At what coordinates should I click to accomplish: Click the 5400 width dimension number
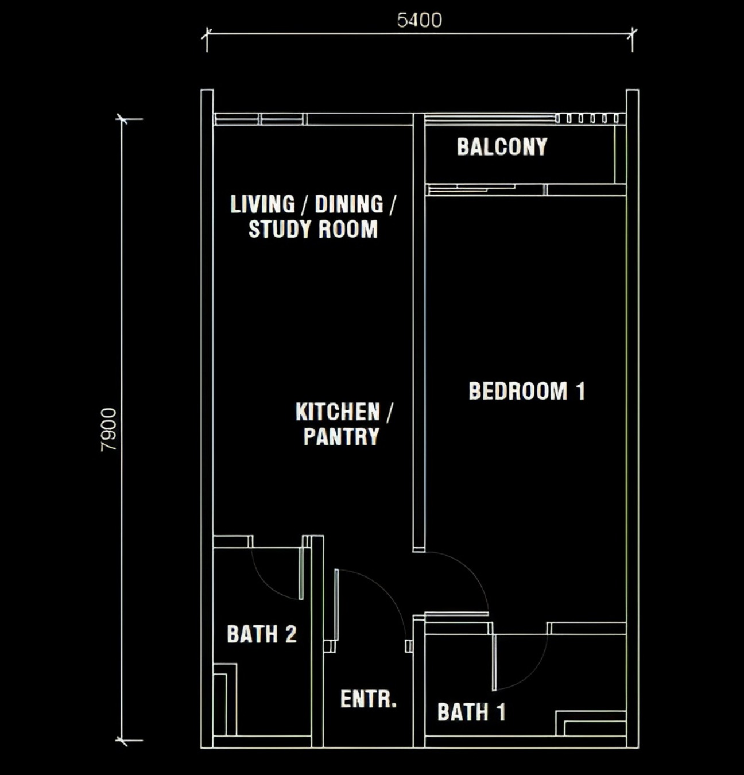coord(420,20)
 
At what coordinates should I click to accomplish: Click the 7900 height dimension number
coord(108,429)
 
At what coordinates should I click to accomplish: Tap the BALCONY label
coord(502,147)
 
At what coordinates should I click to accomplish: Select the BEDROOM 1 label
coord(526,391)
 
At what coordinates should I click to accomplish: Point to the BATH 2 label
coord(262,634)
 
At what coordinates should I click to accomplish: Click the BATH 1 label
coord(471,712)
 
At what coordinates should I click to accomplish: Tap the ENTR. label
coord(369,699)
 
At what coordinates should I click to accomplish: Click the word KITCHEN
coord(338,412)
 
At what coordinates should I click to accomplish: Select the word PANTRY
coord(342,436)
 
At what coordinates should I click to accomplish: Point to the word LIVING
coord(263,204)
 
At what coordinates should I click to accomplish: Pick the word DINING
coord(349,204)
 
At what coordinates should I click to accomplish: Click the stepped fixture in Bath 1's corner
coord(591,723)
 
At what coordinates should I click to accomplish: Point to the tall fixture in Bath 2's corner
coord(225,700)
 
